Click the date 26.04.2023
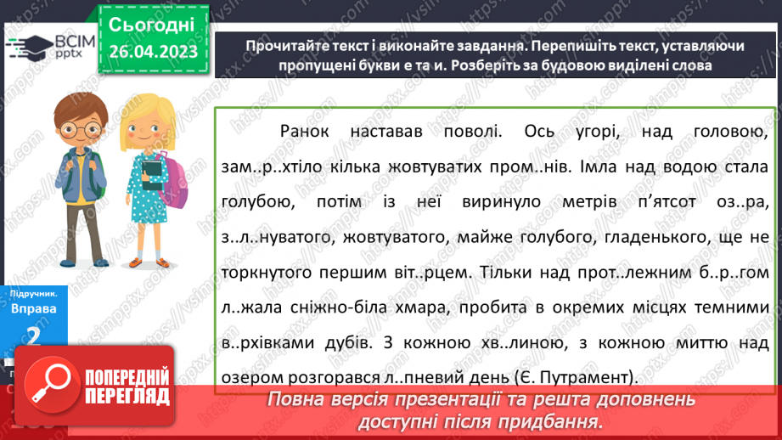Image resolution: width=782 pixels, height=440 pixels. point(152,52)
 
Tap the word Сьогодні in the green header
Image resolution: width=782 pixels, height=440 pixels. point(152,25)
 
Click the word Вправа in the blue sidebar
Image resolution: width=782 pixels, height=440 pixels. point(34,309)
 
